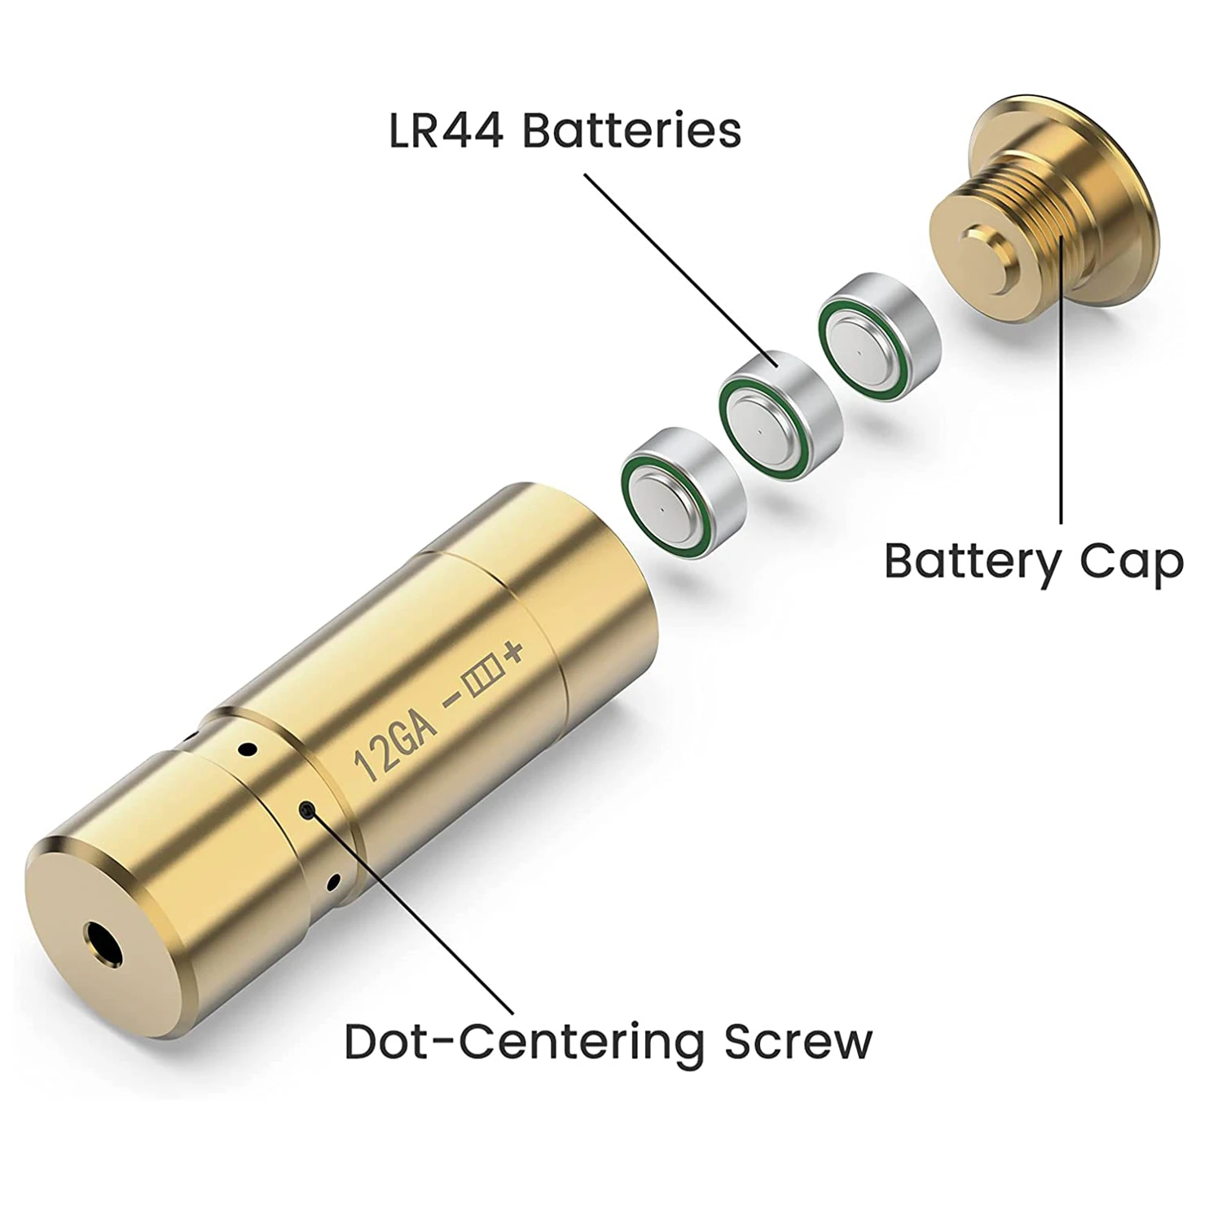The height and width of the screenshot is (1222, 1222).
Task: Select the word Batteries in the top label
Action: point(631,131)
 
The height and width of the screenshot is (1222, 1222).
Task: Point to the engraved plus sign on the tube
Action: point(512,653)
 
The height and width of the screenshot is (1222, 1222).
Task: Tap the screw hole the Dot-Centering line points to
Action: point(307,810)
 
